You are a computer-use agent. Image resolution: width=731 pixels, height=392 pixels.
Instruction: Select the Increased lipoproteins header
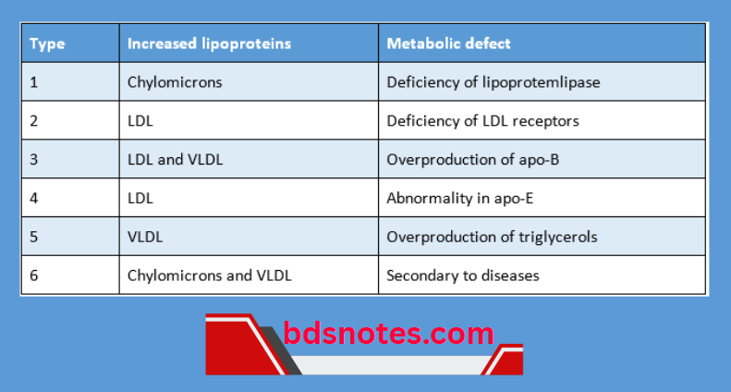pos(209,43)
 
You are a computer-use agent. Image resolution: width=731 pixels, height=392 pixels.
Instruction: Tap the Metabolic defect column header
pos(448,43)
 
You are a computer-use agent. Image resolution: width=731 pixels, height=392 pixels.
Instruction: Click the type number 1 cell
pos(34,82)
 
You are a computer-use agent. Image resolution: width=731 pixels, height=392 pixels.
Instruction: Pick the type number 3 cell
pos(34,160)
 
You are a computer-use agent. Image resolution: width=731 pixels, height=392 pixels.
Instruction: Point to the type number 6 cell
pos(34,276)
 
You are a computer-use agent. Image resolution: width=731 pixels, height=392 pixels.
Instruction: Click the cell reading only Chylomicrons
pos(175,82)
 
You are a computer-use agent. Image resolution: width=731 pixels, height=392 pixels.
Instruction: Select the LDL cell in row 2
pos(140,121)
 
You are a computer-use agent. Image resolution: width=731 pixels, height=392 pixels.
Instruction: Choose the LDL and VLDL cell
pos(175,160)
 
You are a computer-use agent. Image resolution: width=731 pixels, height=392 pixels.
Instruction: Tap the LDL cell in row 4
pos(140,198)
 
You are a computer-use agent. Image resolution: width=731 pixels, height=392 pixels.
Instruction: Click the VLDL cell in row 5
pos(145,237)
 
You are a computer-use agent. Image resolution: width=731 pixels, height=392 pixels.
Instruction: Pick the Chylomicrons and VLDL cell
pos(213,276)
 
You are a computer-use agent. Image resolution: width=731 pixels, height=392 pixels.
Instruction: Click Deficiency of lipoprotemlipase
pos(493,82)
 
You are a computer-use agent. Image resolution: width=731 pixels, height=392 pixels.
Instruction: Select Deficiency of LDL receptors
pos(482,121)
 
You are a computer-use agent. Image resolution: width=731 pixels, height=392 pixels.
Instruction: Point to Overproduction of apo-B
pos(472,160)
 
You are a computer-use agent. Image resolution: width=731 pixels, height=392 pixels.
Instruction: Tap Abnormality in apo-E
pos(458,198)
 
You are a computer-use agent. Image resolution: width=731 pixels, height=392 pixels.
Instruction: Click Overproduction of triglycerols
pos(492,237)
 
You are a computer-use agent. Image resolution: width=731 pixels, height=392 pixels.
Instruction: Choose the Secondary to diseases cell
pos(462,276)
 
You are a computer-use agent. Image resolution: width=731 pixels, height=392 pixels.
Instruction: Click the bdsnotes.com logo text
pos(388,334)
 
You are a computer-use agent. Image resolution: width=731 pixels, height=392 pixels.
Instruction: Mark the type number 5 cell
pos(34,237)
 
